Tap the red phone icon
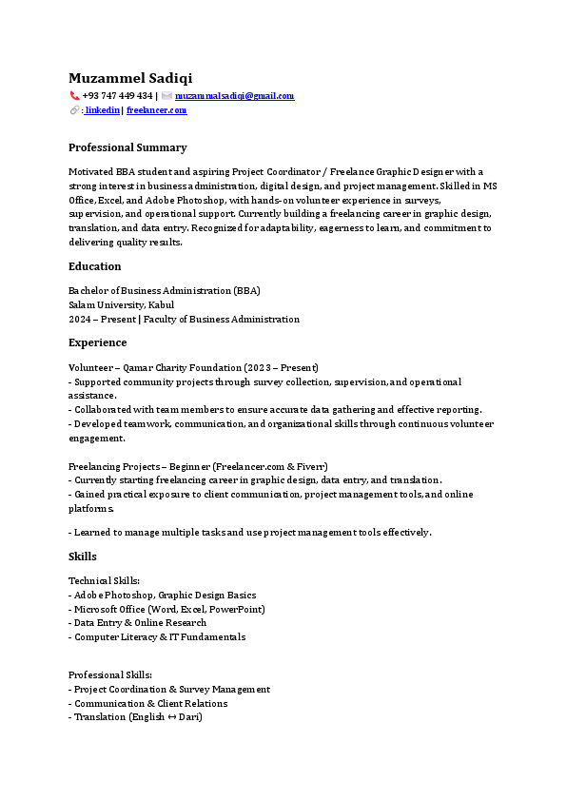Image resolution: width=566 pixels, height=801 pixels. [74, 96]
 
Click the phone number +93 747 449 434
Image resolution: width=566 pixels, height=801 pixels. [118, 96]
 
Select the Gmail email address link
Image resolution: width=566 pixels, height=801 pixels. [235, 96]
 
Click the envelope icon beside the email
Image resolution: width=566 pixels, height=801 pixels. [166, 96]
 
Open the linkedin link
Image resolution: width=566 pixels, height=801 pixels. [103, 110]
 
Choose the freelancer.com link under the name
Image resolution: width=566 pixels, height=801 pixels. [156, 110]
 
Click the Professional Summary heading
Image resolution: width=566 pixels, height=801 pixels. [127, 147]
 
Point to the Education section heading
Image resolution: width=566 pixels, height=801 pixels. [94, 266]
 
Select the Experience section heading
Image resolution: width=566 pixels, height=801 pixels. [97, 342]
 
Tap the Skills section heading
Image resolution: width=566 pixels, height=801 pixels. [82, 557]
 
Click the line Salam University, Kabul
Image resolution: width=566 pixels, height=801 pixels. [121, 305]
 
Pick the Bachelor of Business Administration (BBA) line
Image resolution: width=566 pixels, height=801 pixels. [165, 291]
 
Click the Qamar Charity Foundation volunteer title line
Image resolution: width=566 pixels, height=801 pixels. [193, 367]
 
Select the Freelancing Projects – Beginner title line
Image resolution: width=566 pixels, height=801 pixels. [198, 467]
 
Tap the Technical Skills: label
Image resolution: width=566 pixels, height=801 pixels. [105, 580]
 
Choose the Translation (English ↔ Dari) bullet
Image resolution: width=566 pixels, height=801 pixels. [138, 717]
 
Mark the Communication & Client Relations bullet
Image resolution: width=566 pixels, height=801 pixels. [150, 703]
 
